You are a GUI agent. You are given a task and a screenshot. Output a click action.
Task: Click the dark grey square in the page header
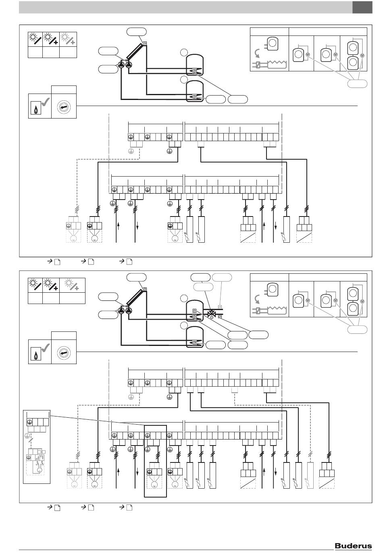(x=362, y=7)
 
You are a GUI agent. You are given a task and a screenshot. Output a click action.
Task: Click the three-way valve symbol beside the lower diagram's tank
(x=211, y=313)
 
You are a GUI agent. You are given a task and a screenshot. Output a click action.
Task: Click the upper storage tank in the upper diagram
(x=195, y=65)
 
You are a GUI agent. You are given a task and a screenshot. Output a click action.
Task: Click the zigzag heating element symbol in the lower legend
(x=277, y=310)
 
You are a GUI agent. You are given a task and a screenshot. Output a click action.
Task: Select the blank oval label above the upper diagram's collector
(x=136, y=32)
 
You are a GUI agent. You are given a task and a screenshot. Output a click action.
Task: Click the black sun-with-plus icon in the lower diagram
(x=51, y=285)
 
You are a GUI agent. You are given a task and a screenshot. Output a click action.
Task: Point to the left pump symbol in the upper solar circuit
(x=121, y=65)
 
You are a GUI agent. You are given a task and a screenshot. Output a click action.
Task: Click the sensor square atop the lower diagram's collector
(x=145, y=289)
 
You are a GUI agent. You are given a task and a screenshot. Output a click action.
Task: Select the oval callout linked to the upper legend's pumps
(x=357, y=83)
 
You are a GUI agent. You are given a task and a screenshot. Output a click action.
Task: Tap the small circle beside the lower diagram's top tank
(x=184, y=298)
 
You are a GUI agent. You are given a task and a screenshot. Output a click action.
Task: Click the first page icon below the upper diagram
(x=57, y=262)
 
